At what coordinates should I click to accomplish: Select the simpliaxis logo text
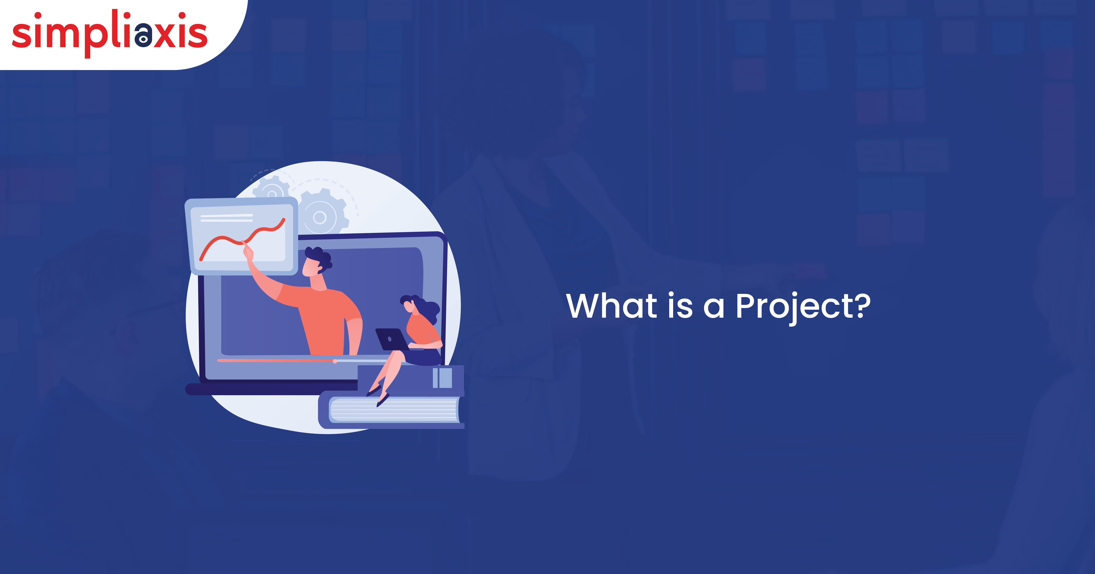[x=110, y=33]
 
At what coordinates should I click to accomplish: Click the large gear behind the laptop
[x=322, y=212]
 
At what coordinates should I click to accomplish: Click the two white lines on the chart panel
[x=226, y=218]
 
